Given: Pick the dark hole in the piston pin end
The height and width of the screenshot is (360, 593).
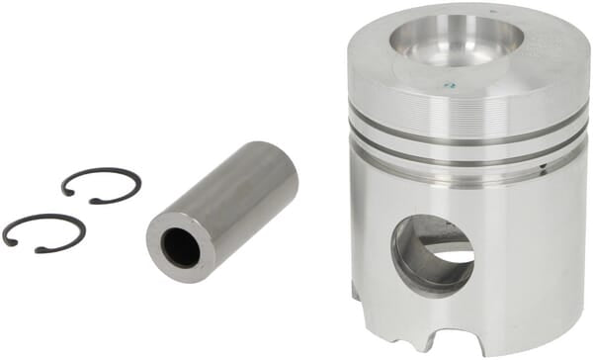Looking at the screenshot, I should tap(181, 247).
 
